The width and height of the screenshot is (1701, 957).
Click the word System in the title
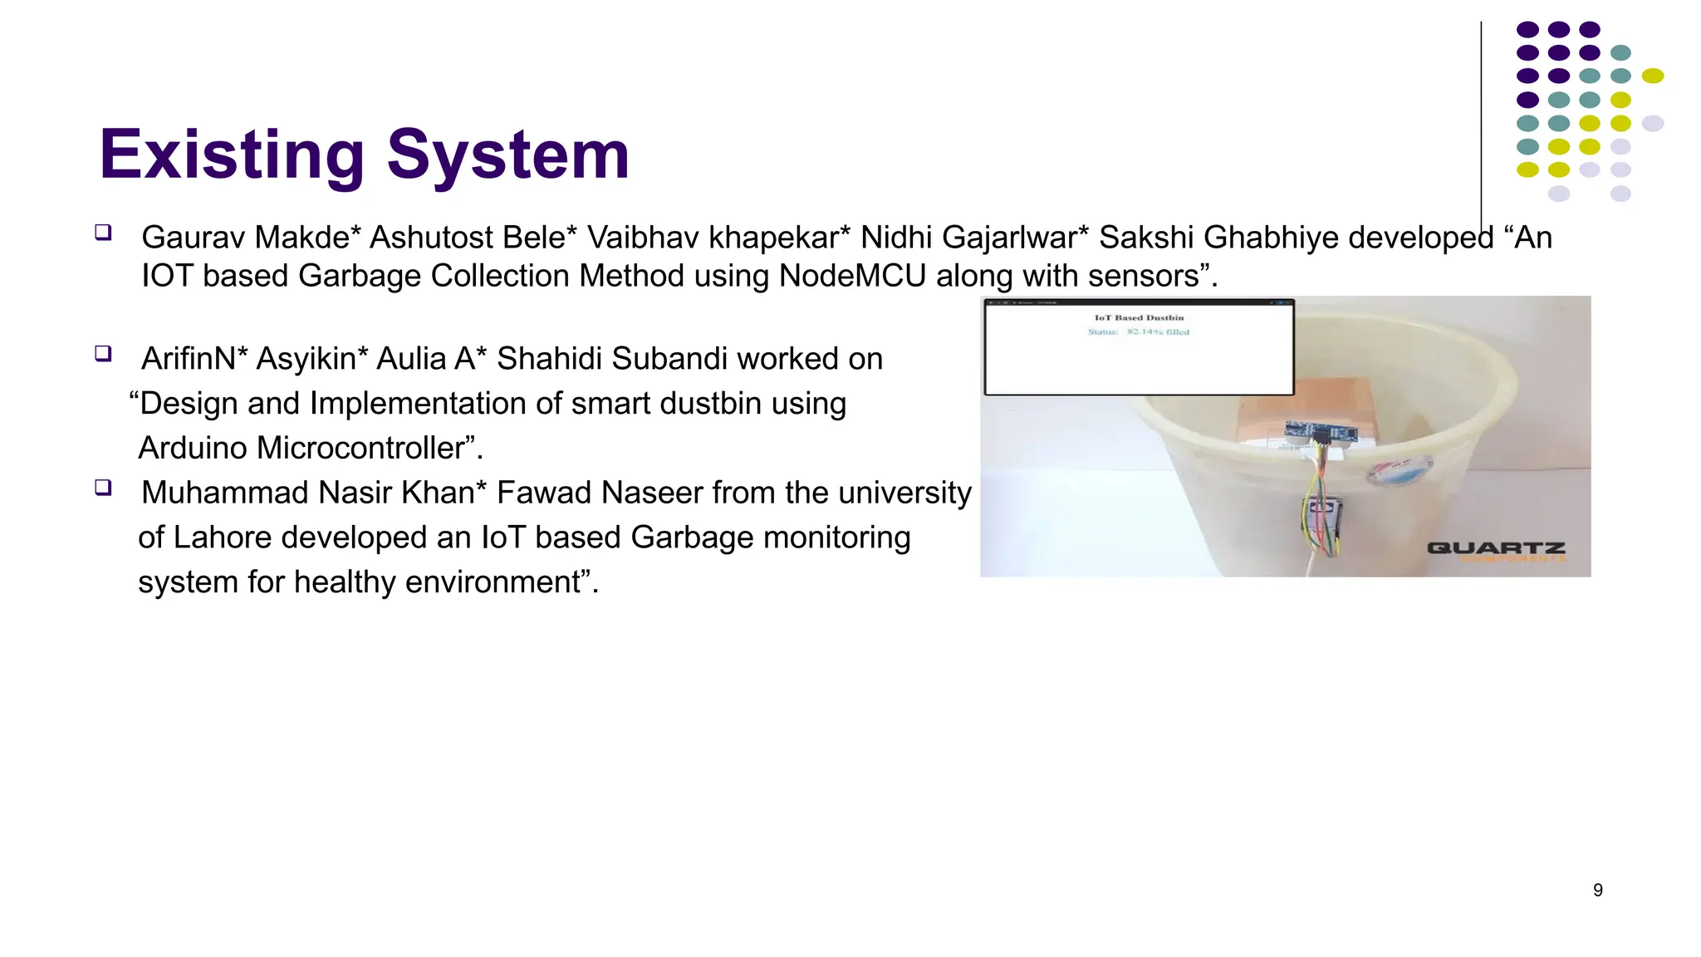pos(507,155)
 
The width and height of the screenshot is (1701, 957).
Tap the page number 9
pos(1597,891)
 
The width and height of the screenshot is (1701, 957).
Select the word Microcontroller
pos(360,449)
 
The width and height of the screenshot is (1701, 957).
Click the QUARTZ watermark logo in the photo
pos(1496,548)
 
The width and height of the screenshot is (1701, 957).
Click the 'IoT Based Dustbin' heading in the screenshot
pos(1139,317)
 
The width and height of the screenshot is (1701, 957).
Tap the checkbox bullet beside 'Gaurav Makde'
pos(103,232)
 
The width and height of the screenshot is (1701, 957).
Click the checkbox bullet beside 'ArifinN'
pos(103,354)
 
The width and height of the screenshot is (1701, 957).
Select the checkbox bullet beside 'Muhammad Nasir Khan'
pos(103,487)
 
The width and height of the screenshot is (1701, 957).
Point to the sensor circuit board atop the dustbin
pos(1321,431)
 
